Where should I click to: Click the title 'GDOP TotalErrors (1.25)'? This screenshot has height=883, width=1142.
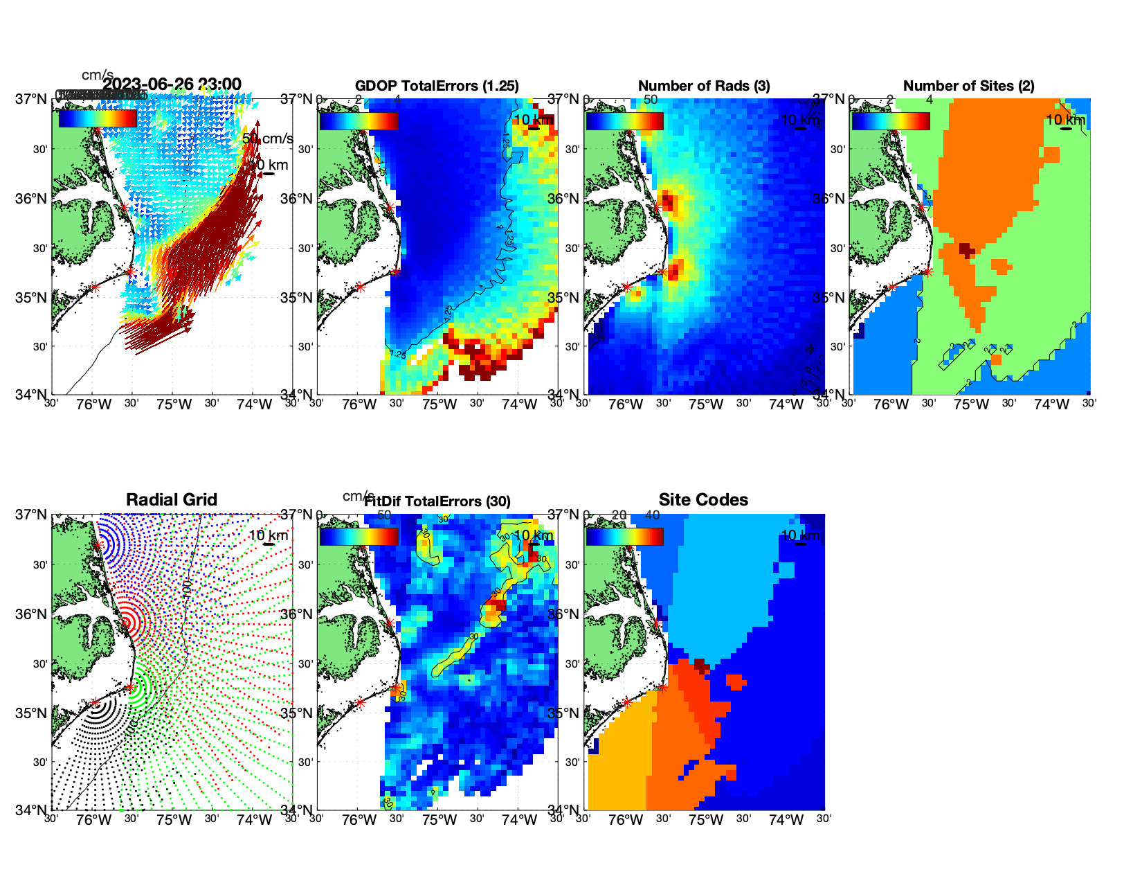click(437, 86)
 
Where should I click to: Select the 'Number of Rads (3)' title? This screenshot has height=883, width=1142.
click(704, 86)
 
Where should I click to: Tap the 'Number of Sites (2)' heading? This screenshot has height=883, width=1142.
click(968, 86)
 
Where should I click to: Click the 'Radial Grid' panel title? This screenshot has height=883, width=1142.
click(172, 500)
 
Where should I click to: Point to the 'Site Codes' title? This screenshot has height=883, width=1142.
click(703, 500)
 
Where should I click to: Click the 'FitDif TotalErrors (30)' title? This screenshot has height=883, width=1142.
click(437, 501)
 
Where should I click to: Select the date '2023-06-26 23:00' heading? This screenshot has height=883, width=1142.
click(172, 84)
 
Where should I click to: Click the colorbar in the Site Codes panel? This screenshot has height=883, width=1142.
click(624, 537)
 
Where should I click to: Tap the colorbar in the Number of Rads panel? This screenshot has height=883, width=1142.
click(624, 121)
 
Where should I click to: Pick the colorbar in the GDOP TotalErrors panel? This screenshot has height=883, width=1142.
click(359, 121)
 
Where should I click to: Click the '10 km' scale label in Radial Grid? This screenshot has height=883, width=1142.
click(268, 535)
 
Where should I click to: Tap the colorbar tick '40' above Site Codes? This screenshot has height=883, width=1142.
click(652, 515)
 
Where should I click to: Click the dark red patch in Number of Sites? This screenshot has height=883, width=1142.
click(966, 249)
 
